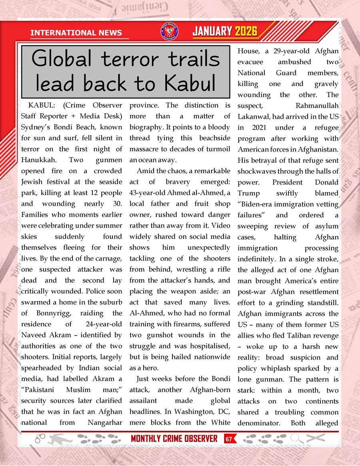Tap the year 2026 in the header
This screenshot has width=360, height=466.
coord(246,32)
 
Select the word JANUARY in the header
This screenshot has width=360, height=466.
coord(212,32)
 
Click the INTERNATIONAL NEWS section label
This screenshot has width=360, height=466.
coord(76,33)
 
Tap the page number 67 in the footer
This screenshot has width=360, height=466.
coord(229,439)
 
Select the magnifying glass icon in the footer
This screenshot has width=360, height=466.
coord(297,439)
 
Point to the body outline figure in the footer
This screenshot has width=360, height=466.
coord(60,439)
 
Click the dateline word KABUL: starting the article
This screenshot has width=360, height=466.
coord(42,106)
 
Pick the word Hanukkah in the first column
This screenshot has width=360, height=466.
coord(39,160)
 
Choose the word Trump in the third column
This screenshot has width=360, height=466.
coord(248,193)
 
